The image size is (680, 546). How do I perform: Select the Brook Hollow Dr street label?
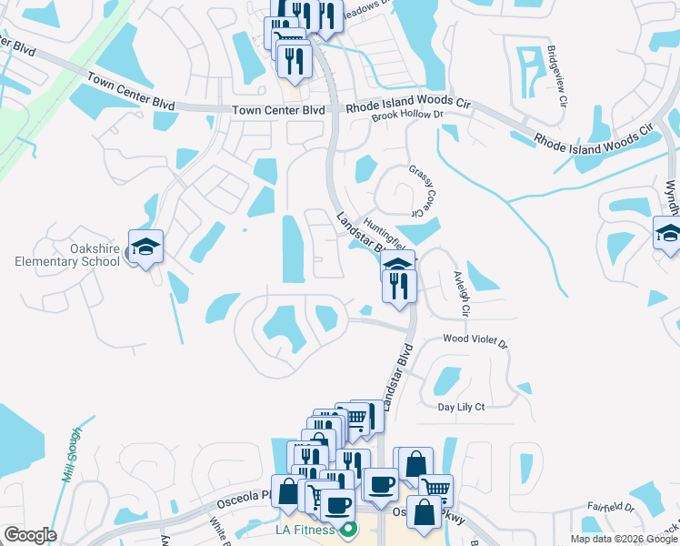(406, 116)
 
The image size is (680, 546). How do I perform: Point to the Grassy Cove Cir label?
(417, 191)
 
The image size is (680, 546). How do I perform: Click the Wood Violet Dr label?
(474, 339)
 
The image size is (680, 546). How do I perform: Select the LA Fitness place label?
(300, 530)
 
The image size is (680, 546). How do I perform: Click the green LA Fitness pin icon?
(346, 530)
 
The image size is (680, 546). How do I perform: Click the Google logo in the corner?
(30, 535)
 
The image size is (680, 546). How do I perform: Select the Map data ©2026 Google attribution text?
(624, 539)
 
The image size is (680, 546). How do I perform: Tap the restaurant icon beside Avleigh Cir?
(402, 286)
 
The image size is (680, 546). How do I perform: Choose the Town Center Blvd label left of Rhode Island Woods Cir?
(265, 110)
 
